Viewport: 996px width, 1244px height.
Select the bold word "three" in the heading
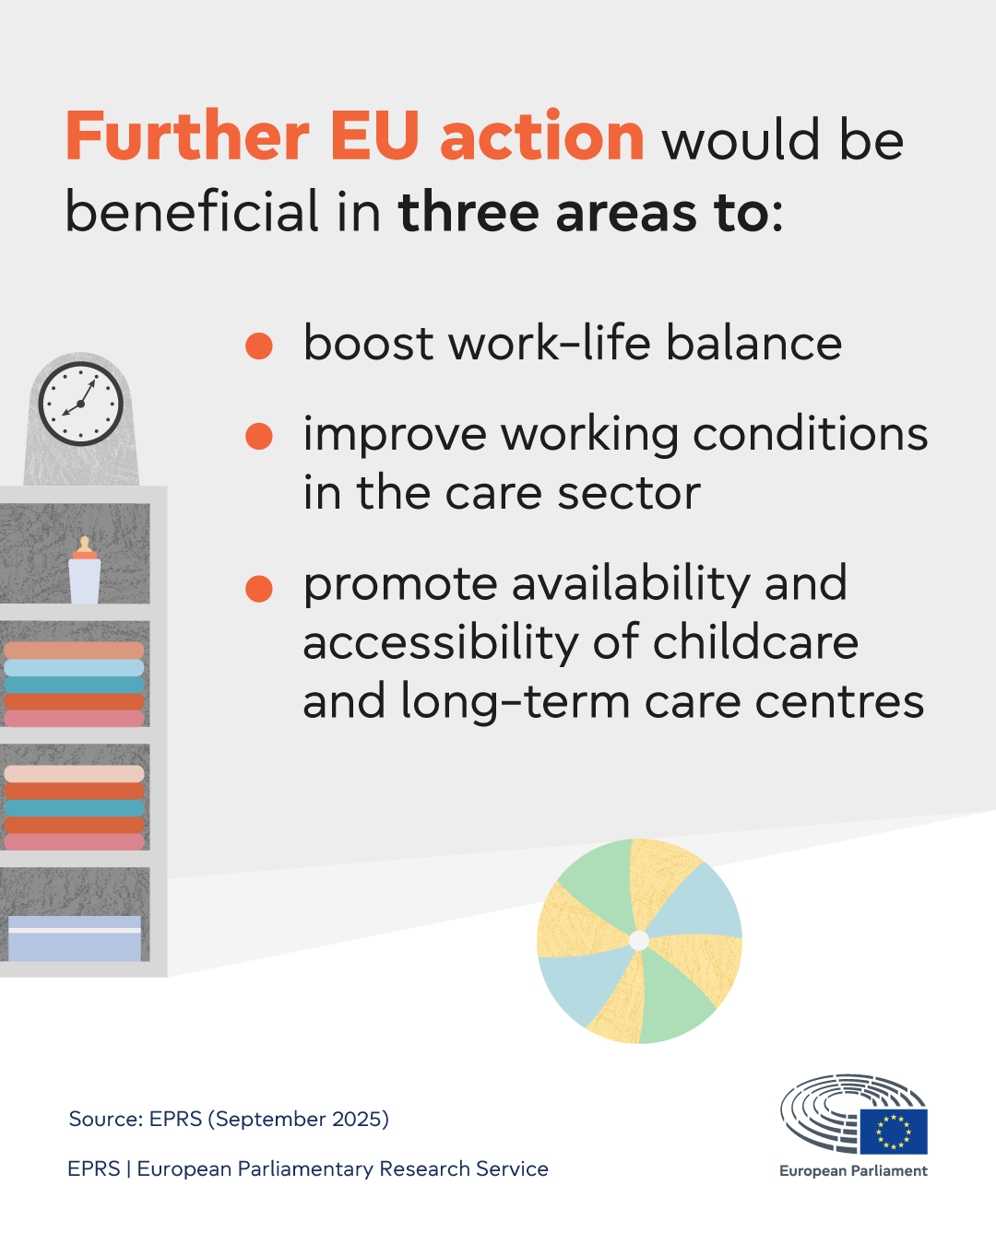coord(468,212)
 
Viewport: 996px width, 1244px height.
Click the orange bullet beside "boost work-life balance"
coord(259,346)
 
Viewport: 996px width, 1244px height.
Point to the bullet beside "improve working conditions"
coord(259,436)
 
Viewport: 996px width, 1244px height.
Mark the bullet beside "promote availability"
coord(259,589)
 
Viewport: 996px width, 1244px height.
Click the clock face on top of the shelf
coord(81,404)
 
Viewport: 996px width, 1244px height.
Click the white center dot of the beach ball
coord(639,940)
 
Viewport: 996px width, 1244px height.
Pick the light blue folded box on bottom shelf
coord(75,938)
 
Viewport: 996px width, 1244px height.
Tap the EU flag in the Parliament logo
coord(894,1132)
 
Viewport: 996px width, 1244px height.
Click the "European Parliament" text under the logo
coord(853,1170)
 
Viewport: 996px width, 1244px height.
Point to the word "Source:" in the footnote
coord(105,1119)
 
